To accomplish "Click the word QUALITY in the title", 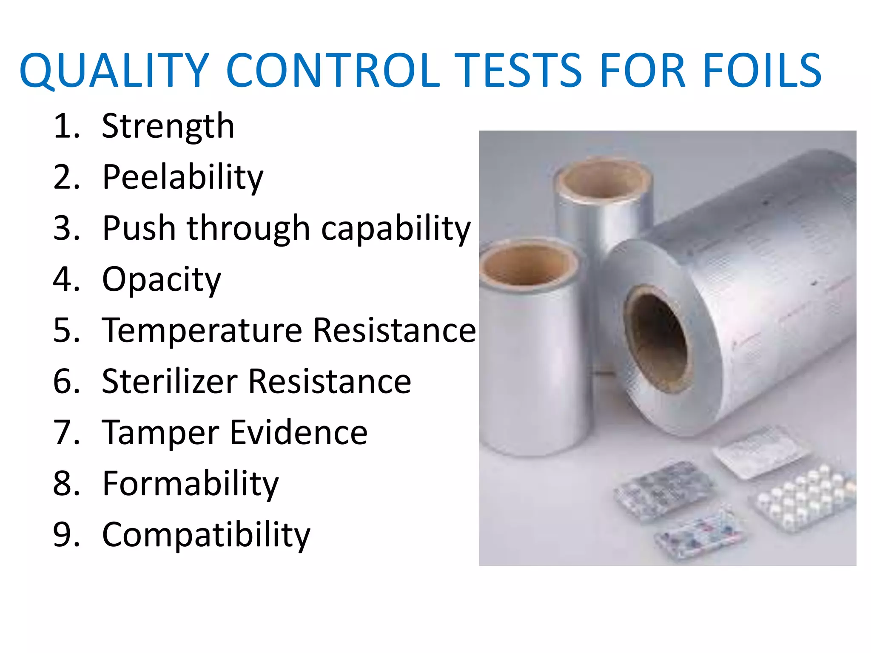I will (x=114, y=71).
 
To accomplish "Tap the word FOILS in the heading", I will (x=762, y=71).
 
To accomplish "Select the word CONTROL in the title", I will (x=333, y=71).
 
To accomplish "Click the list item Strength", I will (x=168, y=127).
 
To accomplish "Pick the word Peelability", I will (x=183, y=178).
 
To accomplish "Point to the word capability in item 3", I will (x=396, y=229).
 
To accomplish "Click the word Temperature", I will (x=202, y=331).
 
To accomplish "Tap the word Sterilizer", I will (x=170, y=381).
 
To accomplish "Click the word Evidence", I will (x=299, y=433).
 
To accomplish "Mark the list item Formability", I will (x=190, y=484).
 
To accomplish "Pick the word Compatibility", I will (x=206, y=535).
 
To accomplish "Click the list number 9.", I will (x=66, y=535).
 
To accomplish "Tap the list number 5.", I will (x=66, y=331).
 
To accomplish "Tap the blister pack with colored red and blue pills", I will (x=700, y=534).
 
